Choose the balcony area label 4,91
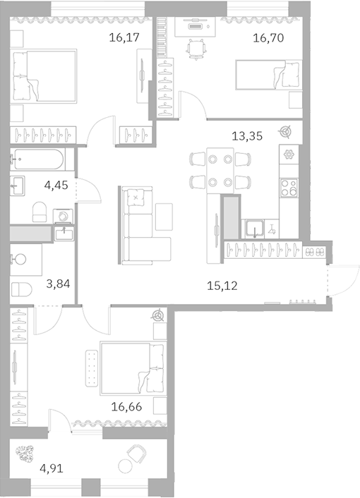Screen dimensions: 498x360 pyautogui.click(x=52, y=466)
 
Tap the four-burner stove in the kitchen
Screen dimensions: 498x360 pyautogui.click(x=289, y=188)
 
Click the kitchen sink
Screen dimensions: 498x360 pyautogui.click(x=252, y=227)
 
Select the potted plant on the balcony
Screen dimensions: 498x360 pyautogui.click(x=27, y=455)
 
